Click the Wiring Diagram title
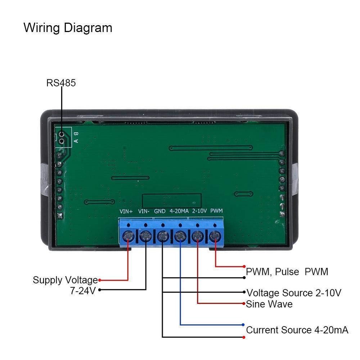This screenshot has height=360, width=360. pos(68,28)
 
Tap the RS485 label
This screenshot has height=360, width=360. pos(61,83)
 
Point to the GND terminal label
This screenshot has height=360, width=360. pos(160,211)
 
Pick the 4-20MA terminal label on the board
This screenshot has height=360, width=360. pos(179,211)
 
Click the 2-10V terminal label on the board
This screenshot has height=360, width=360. pos(199,211)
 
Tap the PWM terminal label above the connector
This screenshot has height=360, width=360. pos(216,211)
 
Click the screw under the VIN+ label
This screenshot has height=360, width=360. pos(129,237)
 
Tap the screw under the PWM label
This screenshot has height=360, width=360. pos(215,237)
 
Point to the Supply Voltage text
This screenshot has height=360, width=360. pos(65,280)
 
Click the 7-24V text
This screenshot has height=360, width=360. pos(83,291)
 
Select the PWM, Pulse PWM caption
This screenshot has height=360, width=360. pos(287,272)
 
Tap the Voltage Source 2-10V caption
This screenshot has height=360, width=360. pos(294,293)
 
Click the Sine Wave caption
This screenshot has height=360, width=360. pos(269,304)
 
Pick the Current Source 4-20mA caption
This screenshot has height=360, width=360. pos(297,330)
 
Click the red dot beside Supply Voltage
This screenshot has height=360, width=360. pos(100,280)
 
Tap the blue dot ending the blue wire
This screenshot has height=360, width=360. pos(244,324)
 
